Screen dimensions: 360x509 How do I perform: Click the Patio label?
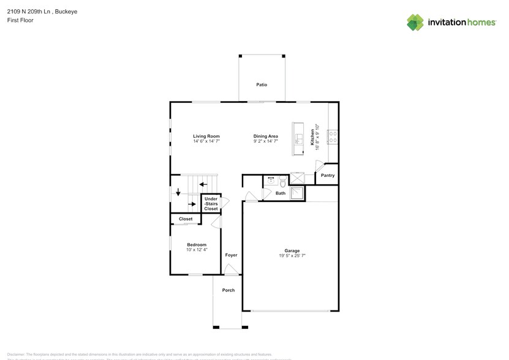point(262,84)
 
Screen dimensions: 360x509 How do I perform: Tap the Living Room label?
point(206,136)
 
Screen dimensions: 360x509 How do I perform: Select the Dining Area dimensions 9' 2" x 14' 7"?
point(266,141)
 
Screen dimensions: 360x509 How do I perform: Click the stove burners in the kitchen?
point(333,137)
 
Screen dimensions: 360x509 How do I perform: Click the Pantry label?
point(328,176)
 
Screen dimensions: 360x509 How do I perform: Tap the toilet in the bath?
point(282,181)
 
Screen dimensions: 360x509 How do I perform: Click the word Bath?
point(281,193)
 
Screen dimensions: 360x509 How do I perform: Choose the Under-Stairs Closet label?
point(211,204)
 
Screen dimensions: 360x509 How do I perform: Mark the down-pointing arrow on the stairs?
point(178,192)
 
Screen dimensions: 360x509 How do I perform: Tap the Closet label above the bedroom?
point(186,219)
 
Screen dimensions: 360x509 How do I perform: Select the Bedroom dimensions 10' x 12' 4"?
point(197,249)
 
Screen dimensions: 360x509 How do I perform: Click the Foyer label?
point(231,255)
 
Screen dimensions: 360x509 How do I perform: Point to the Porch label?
point(228,290)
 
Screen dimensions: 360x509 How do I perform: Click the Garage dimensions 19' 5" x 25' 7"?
point(292,255)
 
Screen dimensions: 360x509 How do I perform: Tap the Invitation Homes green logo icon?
point(415,22)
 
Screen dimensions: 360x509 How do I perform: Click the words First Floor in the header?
point(21,20)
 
